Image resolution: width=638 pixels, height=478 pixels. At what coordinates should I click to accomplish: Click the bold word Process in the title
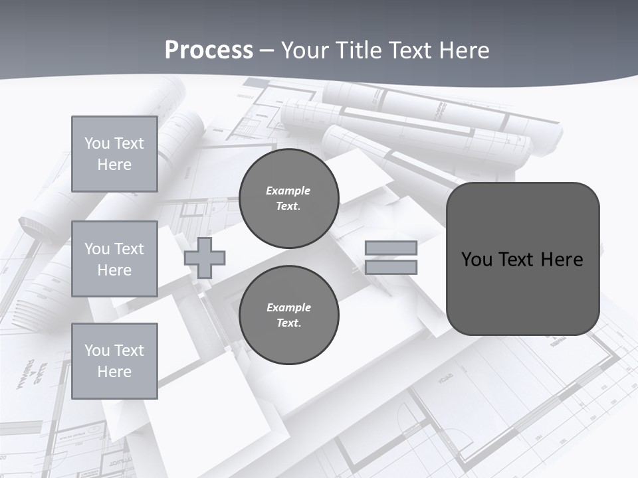pos(209,50)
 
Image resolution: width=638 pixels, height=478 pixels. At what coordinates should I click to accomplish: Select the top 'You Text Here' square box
pos(114,154)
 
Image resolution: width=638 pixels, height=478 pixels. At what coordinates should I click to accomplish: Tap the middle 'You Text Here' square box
pos(114,259)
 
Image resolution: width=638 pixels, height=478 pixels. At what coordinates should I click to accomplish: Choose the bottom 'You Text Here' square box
pos(114,360)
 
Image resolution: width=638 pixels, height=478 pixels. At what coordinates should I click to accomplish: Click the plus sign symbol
pos(205,258)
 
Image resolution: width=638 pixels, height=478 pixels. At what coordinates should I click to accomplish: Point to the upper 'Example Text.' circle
pos(288,198)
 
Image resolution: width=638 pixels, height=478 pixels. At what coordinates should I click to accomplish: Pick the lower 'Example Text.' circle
pos(288,315)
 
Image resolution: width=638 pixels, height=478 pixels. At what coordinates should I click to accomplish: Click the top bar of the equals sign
pos(391,248)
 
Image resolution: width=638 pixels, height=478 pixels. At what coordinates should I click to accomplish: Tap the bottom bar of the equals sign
pos(391,268)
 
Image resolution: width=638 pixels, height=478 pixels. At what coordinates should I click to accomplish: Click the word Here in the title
pos(463,50)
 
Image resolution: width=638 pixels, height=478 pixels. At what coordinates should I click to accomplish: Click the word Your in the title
pos(305,50)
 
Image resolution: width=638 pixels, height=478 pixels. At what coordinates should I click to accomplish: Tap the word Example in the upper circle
pos(288,191)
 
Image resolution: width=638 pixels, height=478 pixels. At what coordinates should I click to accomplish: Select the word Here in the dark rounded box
pos(562,259)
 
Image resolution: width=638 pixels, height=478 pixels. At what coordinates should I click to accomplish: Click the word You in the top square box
pos(96,143)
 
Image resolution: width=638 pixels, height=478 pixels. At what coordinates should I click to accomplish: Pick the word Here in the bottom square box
pos(114,372)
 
